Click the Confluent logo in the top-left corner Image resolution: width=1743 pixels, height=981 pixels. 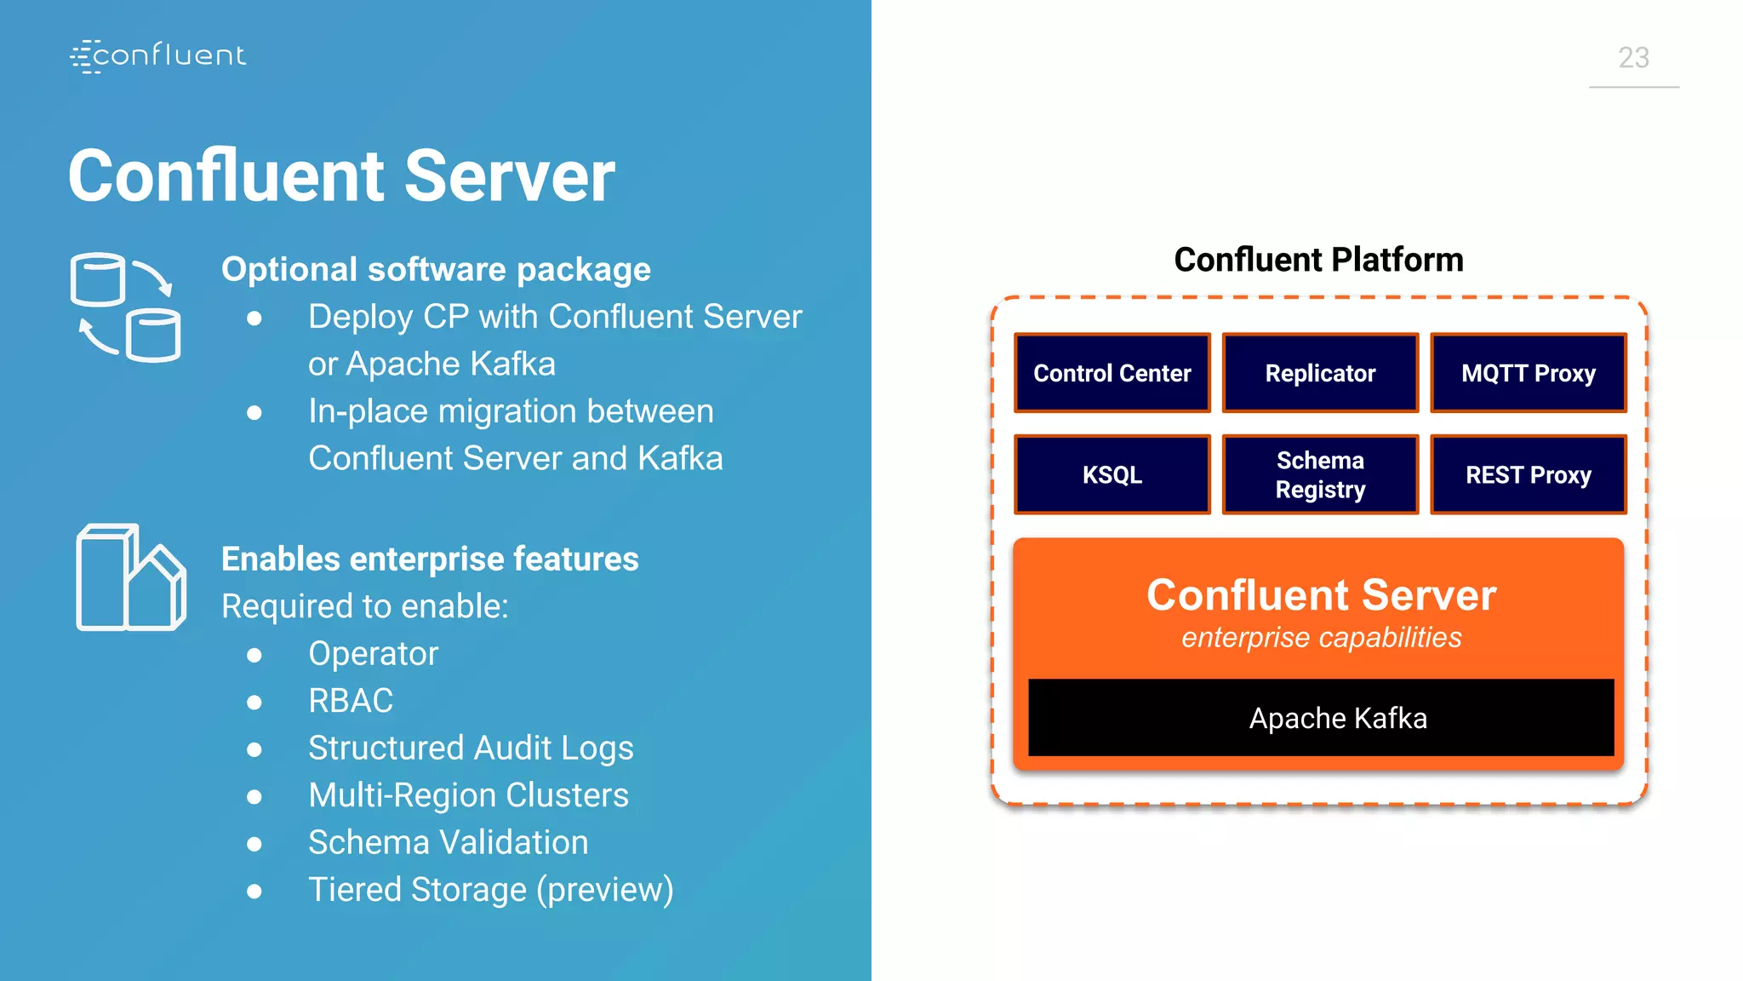(x=158, y=55)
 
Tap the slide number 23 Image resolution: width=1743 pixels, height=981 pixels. (x=1633, y=58)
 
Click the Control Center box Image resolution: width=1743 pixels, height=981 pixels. (x=1112, y=373)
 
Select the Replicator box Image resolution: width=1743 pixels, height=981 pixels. (x=1320, y=373)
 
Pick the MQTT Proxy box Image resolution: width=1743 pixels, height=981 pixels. (x=1528, y=373)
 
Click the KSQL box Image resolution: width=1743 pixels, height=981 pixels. (x=1112, y=474)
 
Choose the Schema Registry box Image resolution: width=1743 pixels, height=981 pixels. (x=1320, y=474)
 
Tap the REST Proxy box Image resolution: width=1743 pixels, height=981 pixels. (x=1528, y=474)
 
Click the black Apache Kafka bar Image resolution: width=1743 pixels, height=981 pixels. (x=1320, y=718)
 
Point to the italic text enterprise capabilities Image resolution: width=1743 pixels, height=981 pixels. (x=1321, y=637)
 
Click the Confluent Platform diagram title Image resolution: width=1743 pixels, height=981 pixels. (x=1318, y=260)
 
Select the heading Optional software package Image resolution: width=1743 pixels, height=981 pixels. (x=436, y=269)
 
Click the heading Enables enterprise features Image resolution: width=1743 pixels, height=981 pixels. (x=430, y=559)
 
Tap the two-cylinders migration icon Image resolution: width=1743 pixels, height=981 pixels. (x=125, y=307)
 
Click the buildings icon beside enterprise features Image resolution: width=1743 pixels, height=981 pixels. (x=130, y=577)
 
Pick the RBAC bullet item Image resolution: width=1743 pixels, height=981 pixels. (x=351, y=701)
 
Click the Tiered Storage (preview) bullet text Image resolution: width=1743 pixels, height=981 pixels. (x=490, y=890)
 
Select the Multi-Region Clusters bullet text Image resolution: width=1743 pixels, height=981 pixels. (x=468, y=795)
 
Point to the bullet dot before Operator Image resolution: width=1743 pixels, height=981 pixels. (x=254, y=655)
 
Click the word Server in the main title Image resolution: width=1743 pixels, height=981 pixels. (x=509, y=176)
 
